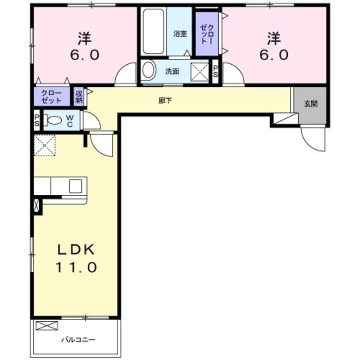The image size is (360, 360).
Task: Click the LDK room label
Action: click(76, 249)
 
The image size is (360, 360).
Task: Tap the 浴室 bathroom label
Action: click(180, 34)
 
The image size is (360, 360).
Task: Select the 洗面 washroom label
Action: click(172, 71)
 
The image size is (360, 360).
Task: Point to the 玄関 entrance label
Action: click(311, 104)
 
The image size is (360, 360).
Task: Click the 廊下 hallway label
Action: click(165, 100)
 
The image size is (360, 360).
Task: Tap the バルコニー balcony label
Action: click(78, 340)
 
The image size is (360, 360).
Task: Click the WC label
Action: click(70, 121)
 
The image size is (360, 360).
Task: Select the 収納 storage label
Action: click(79, 97)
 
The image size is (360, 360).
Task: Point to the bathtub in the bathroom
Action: click(153, 31)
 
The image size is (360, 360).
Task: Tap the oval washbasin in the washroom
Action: click(148, 69)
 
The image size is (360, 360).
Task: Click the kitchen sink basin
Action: click(76, 186)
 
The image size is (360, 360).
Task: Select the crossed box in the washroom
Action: click(200, 71)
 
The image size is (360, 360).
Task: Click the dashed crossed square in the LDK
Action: click(45, 146)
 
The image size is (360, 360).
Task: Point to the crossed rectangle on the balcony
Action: click(47, 326)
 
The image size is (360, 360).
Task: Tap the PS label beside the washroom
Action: click(215, 71)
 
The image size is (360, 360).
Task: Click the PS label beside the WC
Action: click(37, 120)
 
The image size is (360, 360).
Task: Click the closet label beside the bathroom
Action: click(207, 34)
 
